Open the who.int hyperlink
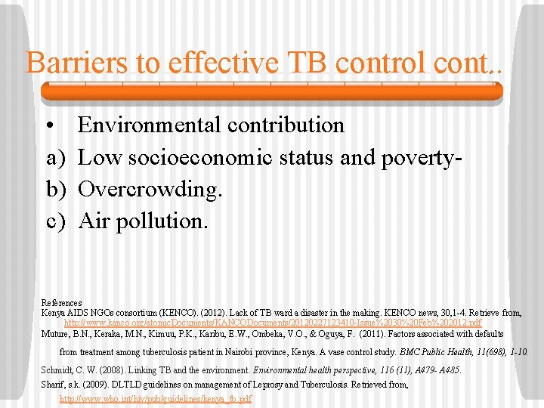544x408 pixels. click(156, 398)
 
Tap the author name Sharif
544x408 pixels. click(52, 385)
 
